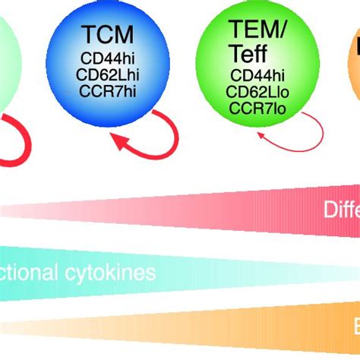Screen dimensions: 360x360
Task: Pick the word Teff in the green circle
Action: (251, 54)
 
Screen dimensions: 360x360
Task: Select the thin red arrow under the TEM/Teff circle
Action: (285, 141)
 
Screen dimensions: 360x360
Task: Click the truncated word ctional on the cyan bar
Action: (34, 272)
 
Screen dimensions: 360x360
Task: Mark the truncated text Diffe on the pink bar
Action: (342, 210)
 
